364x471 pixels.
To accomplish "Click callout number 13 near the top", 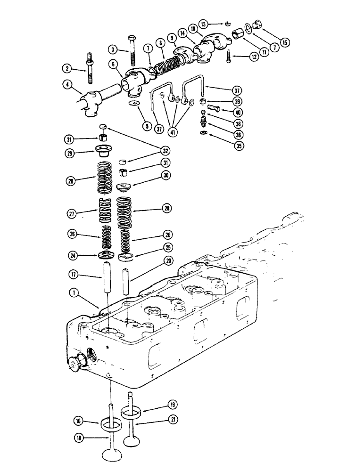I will click(203, 23).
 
